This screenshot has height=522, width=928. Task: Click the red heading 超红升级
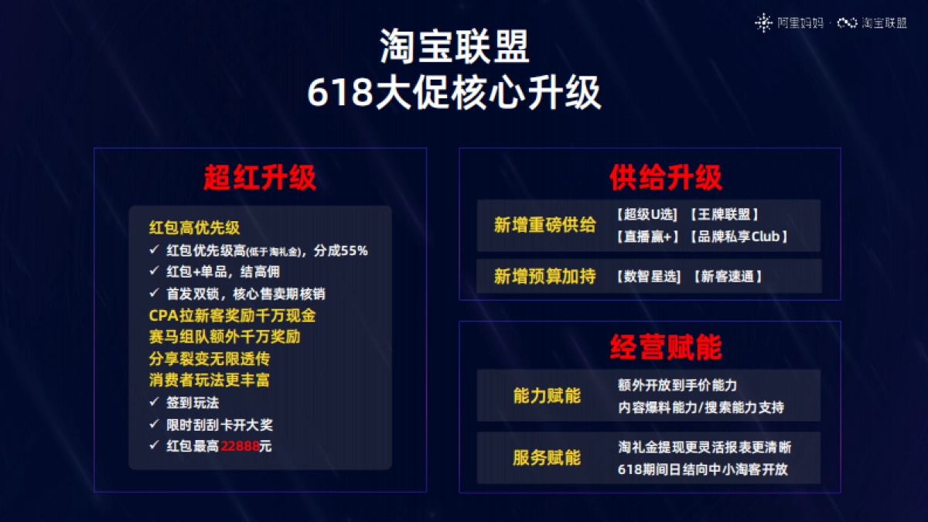coord(260,179)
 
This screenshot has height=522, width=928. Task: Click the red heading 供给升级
coord(665,178)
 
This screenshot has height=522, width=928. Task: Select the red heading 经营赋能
coord(665,347)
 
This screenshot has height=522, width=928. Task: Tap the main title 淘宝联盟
coord(455,47)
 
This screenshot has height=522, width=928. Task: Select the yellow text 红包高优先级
coord(194,227)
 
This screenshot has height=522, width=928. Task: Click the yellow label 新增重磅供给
coord(544,225)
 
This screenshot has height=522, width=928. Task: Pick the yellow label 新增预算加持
coord(544,276)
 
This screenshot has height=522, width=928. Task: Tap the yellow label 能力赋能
coord(546,396)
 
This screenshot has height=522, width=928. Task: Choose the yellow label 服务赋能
coord(546,457)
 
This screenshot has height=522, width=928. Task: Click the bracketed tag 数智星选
coord(650,276)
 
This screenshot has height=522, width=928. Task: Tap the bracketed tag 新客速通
coord(727,276)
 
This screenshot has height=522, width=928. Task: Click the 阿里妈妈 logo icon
coord(763,23)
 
